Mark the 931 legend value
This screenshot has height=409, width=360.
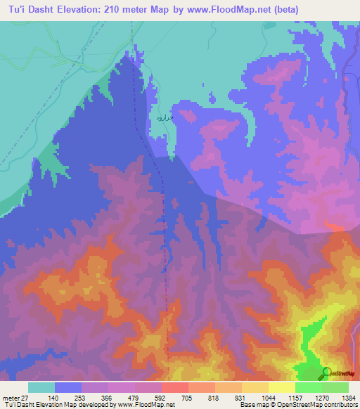point(242,397)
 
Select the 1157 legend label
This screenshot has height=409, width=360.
point(295,397)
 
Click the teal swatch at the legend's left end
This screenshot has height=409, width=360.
point(41,387)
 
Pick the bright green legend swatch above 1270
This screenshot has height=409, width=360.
point(309,387)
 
